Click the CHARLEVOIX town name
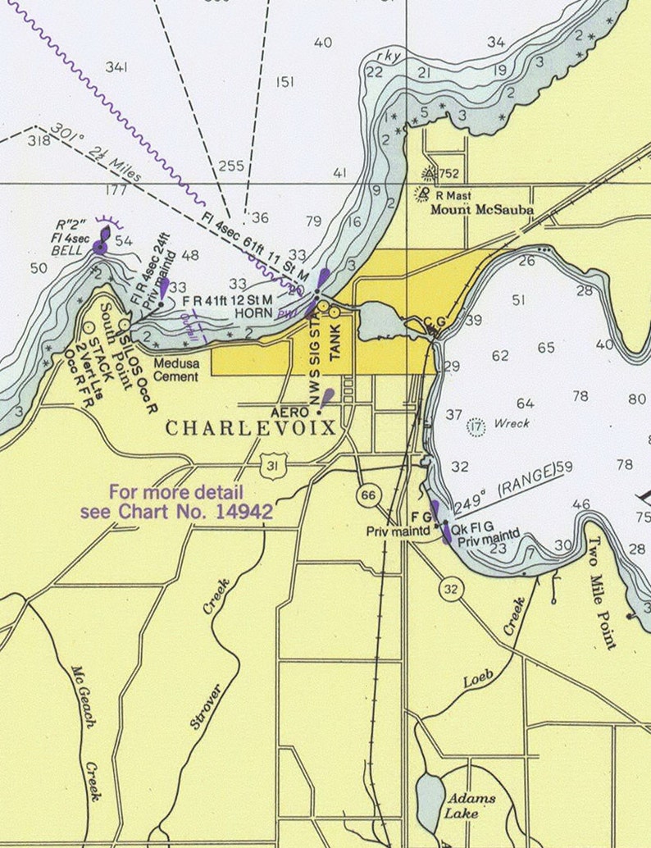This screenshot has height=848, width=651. click(251, 428)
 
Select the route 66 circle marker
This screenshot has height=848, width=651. click(368, 495)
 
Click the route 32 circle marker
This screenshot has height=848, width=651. click(450, 588)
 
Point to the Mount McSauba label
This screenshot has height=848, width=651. click(483, 210)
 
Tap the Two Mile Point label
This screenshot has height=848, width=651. click(602, 592)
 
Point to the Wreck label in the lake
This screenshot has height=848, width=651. click(511, 424)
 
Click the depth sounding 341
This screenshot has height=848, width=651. click(116, 67)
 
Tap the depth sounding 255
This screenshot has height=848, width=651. click(231, 166)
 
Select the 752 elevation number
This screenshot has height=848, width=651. click(448, 174)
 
